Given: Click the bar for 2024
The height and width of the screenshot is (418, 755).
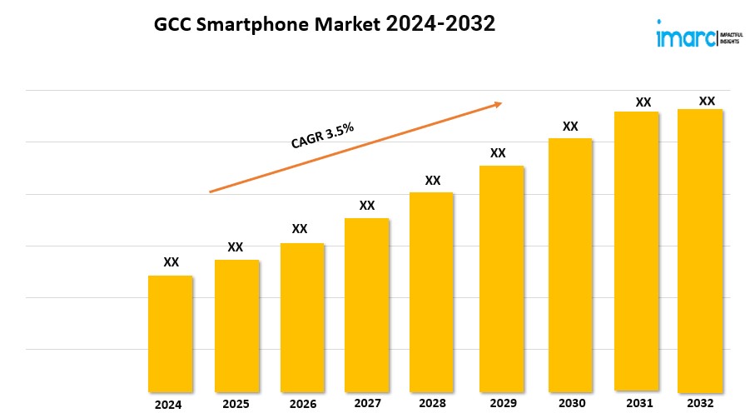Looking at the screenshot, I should (171, 333).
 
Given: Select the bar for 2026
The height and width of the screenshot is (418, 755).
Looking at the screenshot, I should (301, 317).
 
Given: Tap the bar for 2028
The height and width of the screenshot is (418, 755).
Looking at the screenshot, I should (431, 291).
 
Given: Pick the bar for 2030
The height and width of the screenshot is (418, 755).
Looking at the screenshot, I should (569, 265).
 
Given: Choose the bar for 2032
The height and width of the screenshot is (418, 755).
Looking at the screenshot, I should (699, 250).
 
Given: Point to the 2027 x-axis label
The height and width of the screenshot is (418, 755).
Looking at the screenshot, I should (368, 404).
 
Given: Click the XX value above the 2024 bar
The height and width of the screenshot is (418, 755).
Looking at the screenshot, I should (171, 261).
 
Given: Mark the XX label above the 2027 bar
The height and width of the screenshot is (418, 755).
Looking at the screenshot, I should (367, 205).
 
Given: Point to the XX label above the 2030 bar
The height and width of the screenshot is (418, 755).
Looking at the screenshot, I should (570, 127).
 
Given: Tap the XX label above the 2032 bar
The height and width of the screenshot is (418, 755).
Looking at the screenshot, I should (707, 101).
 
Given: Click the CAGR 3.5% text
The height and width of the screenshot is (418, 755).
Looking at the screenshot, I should (322, 136).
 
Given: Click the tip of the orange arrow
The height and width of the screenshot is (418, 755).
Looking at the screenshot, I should (501, 103).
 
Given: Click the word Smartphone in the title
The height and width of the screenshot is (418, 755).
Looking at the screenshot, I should (247, 25).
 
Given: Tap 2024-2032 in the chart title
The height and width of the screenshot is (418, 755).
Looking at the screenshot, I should (440, 25).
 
